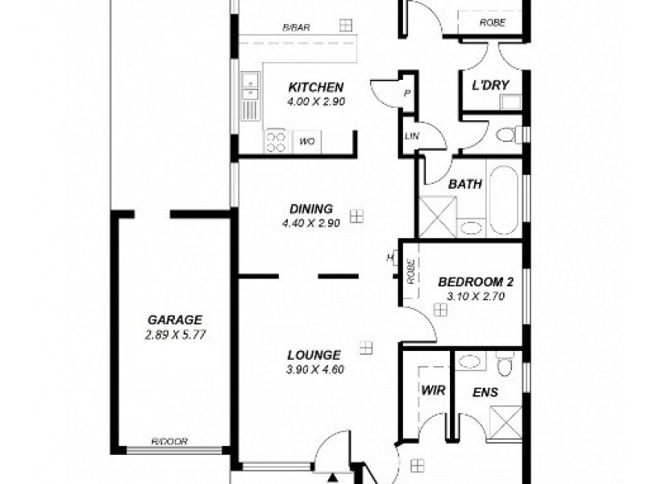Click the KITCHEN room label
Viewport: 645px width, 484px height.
(316, 87)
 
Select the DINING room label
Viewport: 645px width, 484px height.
(314, 207)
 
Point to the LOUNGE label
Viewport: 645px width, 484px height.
(314, 354)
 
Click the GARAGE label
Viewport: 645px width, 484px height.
(175, 319)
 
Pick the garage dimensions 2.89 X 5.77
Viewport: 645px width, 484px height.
(175, 334)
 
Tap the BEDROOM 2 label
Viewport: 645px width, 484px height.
(476, 282)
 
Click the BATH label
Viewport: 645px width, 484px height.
(465, 184)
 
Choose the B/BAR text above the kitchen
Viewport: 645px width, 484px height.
(297, 27)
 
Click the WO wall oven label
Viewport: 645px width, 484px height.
(307, 142)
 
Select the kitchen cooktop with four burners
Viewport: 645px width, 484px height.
(276, 142)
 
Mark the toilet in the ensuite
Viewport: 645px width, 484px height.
(505, 367)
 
